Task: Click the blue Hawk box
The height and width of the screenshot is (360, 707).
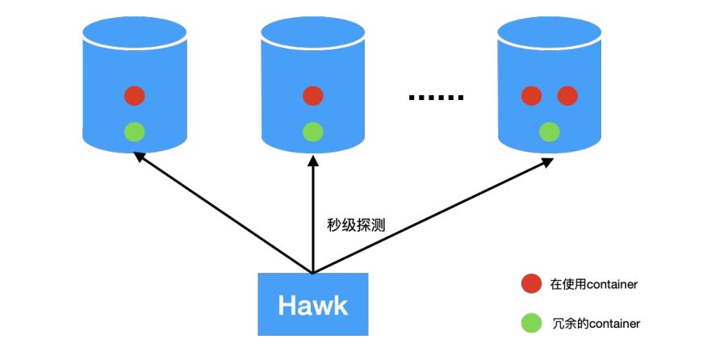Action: click(x=312, y=304)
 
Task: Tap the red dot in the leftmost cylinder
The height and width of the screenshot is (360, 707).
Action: click(x=135, y=96)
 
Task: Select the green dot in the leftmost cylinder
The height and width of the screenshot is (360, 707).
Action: click(x=135, y=130)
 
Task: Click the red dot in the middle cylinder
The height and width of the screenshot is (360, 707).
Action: click(x=312, y=96)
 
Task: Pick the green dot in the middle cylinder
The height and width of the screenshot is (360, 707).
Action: click(x=312, y=130)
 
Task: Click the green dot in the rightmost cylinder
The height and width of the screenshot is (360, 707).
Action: click(x=549, y=130)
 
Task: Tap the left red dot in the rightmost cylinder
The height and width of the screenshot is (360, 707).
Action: click(x=531, y=96)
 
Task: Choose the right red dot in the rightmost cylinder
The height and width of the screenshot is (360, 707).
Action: click(x=567, y=96)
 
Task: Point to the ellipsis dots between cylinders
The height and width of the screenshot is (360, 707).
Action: click(x=436, y=98)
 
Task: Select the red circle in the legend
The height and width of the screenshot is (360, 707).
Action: click(x=531, y=284)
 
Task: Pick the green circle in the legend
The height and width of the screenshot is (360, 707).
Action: click(x=531, y=323)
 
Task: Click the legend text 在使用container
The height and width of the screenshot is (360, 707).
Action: click(x=594, y=284)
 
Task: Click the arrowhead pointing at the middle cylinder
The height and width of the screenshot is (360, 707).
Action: click(x=312, y=159)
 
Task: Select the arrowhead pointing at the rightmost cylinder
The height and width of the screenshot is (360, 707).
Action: click(x=548, y=161)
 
